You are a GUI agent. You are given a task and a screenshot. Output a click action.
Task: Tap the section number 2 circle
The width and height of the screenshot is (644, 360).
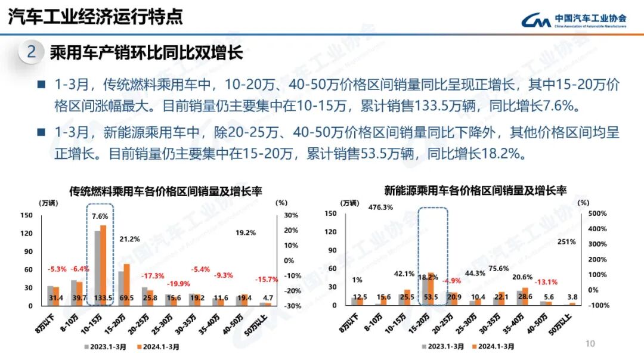(x=32, y=53)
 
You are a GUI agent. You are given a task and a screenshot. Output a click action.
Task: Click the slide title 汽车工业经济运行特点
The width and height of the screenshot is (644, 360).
(x=95, y=17)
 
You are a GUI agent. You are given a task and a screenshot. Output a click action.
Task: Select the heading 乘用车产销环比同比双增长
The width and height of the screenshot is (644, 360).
(x=146, y=53)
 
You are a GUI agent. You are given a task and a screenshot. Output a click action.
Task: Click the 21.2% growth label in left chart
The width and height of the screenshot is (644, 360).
(x=129, y=239)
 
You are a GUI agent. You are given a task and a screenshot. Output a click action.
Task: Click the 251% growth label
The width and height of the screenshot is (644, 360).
(x=566, y=241)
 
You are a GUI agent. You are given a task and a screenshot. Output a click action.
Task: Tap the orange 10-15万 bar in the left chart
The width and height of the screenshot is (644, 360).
(x=103, y=265)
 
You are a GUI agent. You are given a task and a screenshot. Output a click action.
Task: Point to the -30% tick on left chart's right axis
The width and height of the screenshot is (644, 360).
(x=291, y=306)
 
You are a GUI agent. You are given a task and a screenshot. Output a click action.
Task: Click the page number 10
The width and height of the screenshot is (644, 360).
(x=590, y=344)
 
